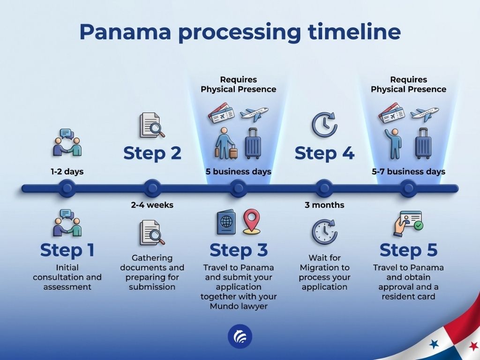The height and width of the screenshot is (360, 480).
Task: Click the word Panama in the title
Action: pos(125,31)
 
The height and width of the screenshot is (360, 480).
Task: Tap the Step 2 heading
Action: pos(152,153)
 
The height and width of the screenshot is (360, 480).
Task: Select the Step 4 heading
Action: pos(324,153)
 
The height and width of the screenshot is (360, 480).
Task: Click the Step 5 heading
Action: pos(408,250)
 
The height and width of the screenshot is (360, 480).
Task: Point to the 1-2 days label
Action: pos(67,172)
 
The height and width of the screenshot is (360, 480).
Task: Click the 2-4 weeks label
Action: pos(152,205)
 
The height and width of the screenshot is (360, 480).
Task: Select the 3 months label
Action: pos(324,205)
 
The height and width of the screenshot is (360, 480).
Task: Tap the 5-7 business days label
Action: pos(408,172)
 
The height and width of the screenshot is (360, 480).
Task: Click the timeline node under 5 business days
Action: pos(238,188)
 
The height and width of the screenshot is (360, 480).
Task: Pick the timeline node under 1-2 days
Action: pos(67,188)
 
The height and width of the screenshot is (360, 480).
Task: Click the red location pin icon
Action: pos(252,222)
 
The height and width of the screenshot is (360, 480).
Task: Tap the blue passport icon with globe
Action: pos(226,222)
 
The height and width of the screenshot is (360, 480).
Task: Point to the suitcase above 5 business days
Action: pos(253,143)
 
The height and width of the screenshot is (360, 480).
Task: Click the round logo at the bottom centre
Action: pos(240,337)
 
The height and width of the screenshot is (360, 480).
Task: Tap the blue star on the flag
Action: pos(434,344)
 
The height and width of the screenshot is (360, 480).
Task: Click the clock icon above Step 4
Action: pos(324,125)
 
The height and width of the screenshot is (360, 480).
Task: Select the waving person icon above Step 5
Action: pos(394,143)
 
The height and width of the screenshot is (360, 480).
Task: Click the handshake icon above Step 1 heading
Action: pos(67,223)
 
